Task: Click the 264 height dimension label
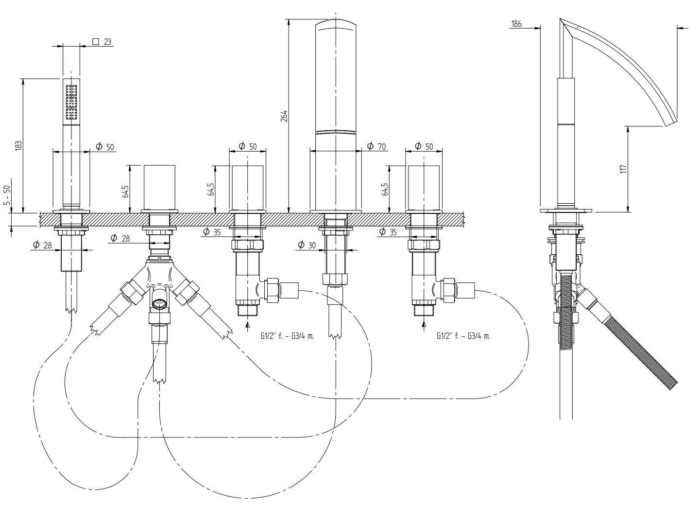[x=284, y=116]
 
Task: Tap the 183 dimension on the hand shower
[x=18, y=145]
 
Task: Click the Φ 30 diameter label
[x=306, y=245]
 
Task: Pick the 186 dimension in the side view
[x=516, y=23]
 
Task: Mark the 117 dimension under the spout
[x=624, y=169]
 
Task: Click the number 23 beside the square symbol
[x=107, y=42]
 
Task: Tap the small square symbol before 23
[x=96, y=42]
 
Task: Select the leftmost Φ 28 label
[x=42, y=245]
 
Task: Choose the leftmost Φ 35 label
[x=212, y=232]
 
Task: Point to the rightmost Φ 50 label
[x=424, y=146]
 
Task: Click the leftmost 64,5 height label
[x=125, y=191]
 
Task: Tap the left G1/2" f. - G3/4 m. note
[x=287, y=335]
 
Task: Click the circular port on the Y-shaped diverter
[x=159, y=304]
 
